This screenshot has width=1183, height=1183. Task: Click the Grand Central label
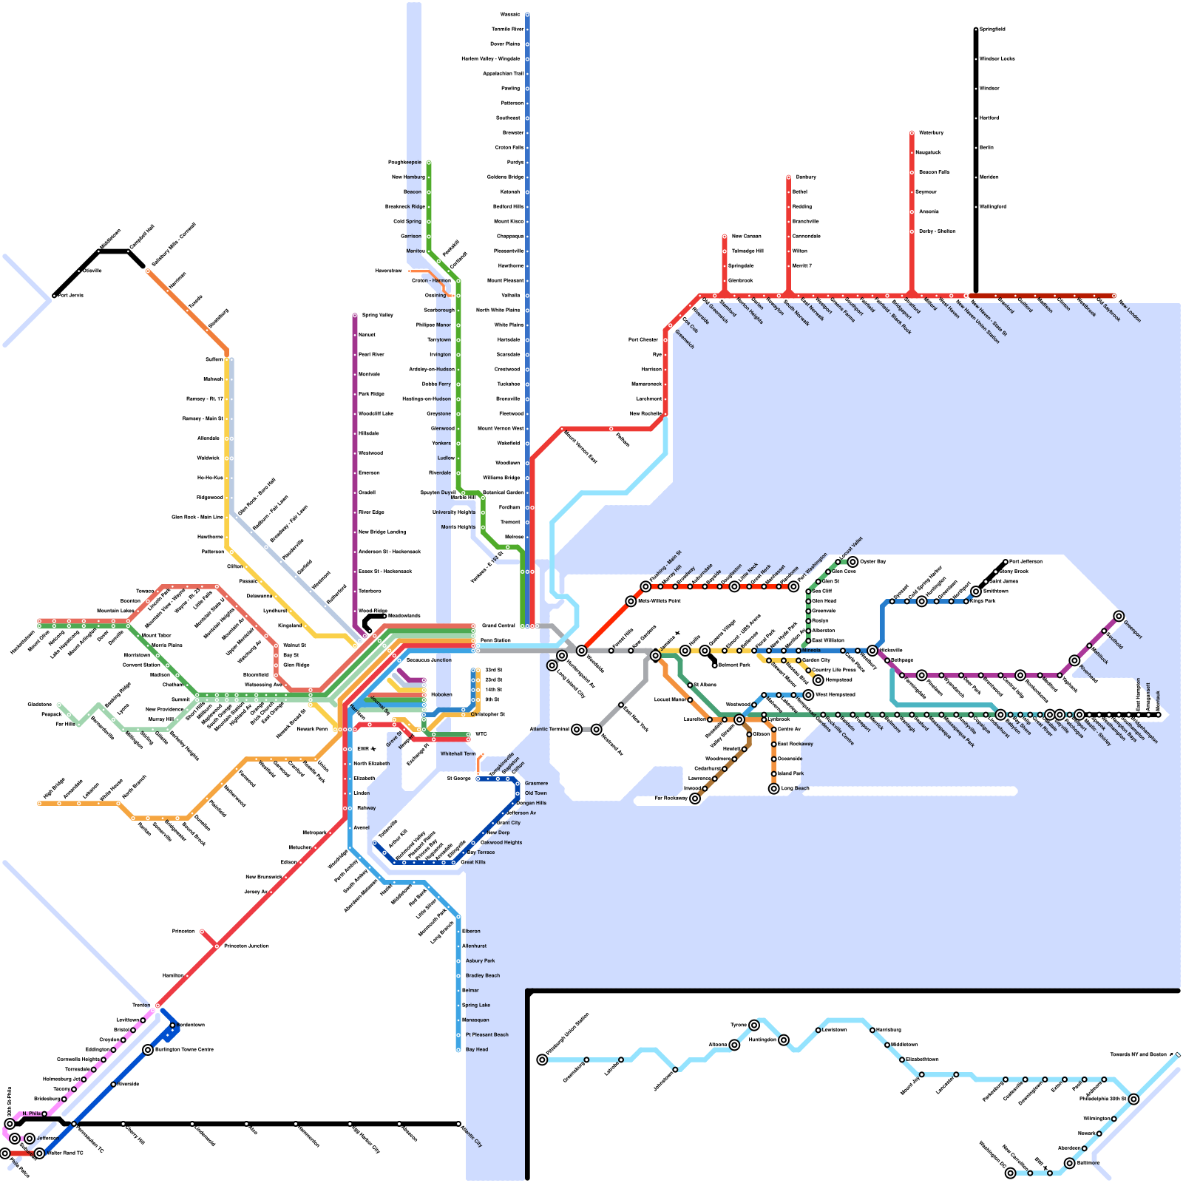(498, 626)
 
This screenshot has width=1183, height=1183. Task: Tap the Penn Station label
(495, 640)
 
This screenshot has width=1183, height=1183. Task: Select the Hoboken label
(441, 694)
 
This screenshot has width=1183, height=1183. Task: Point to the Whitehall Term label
(458, 753)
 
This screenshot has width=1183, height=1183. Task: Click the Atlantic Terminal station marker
(577, 730)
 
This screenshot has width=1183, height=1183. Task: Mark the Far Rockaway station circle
(695, 799)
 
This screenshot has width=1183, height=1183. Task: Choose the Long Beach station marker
(774, 789)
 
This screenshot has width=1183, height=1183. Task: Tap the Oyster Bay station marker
(852, 562)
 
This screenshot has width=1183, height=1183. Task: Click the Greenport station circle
(1119, 617)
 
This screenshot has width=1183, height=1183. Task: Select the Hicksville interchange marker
(872, 651)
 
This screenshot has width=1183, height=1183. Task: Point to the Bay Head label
(477, 1049)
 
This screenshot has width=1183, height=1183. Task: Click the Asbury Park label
(480, 960)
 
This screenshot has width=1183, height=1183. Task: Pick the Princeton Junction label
(246, 946)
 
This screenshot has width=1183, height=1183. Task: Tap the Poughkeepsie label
(404, 162)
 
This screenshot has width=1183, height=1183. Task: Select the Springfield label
(992, 30)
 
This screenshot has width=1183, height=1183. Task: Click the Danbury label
(806, 177)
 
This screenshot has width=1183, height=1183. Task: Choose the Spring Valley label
(377, 315)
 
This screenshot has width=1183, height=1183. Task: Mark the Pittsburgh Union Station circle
(543, 1060)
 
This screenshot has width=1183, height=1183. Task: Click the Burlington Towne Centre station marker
(148, 1050)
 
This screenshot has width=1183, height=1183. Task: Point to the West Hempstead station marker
(809, 695)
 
